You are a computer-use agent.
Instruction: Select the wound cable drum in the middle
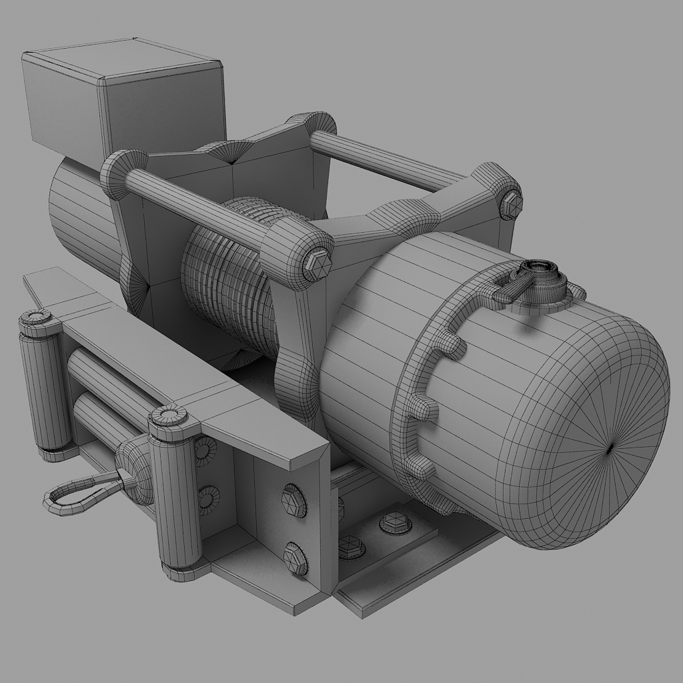(x=230, y=280)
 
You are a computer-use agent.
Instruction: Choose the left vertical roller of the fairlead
(x=44, y=387)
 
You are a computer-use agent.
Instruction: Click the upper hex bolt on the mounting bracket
(x=294, y=500)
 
